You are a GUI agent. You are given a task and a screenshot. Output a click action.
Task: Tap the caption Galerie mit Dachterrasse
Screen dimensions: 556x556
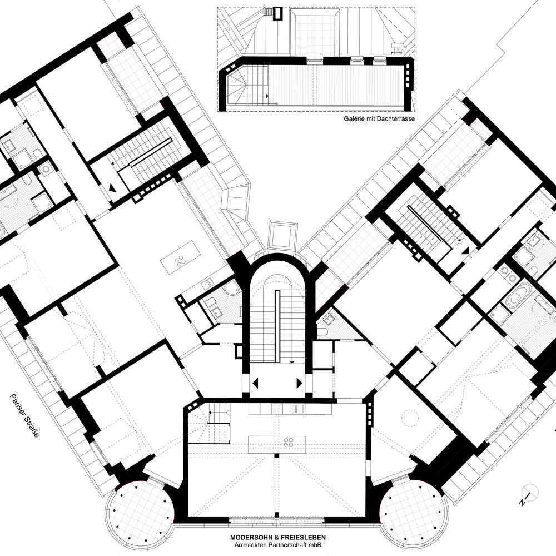[x=379, y=119]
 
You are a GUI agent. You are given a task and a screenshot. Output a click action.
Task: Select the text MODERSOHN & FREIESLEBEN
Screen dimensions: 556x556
[x=278, y=538]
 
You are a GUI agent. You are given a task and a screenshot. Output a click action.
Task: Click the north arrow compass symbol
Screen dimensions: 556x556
[x=530, y=494]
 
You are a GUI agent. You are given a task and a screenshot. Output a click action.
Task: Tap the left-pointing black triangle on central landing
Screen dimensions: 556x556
[x=256, y=383]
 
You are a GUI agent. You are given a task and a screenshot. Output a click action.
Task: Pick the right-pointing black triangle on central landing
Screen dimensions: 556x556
[x=299, y=383]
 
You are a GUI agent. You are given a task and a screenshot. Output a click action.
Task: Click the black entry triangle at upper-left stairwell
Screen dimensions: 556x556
[x=113, y=188]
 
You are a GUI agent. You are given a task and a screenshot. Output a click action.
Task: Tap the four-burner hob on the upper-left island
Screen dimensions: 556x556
[x=180, y=261]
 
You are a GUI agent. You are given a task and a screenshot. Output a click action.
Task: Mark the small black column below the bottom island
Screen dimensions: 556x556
[x=276, y=455]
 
